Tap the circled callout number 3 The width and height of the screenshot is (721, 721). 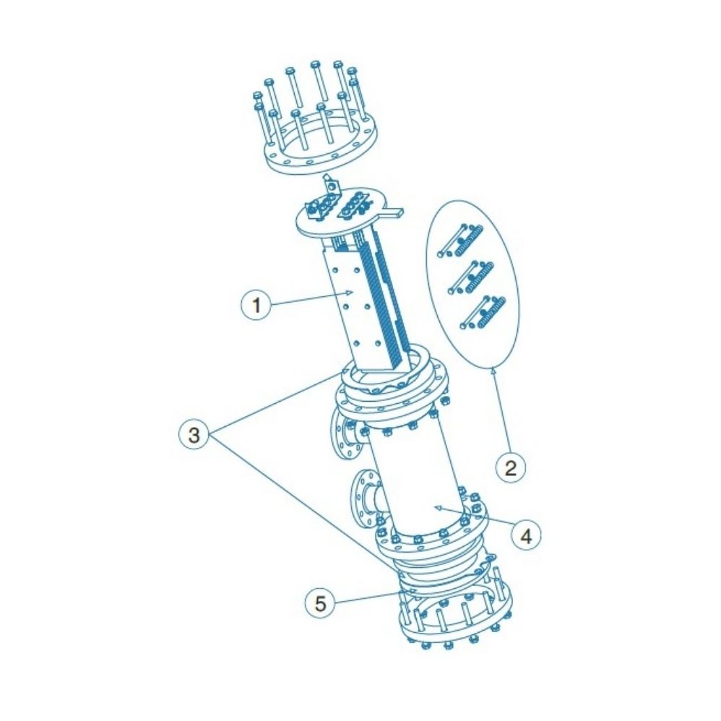(x=194, y=436)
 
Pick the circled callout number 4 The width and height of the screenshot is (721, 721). (x=526, y=535)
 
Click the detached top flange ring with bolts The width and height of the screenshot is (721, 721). (x=318, y=144)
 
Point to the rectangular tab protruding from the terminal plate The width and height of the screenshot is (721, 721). (x=394, y=212)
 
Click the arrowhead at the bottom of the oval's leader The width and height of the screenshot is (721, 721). (x=493, y=371)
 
